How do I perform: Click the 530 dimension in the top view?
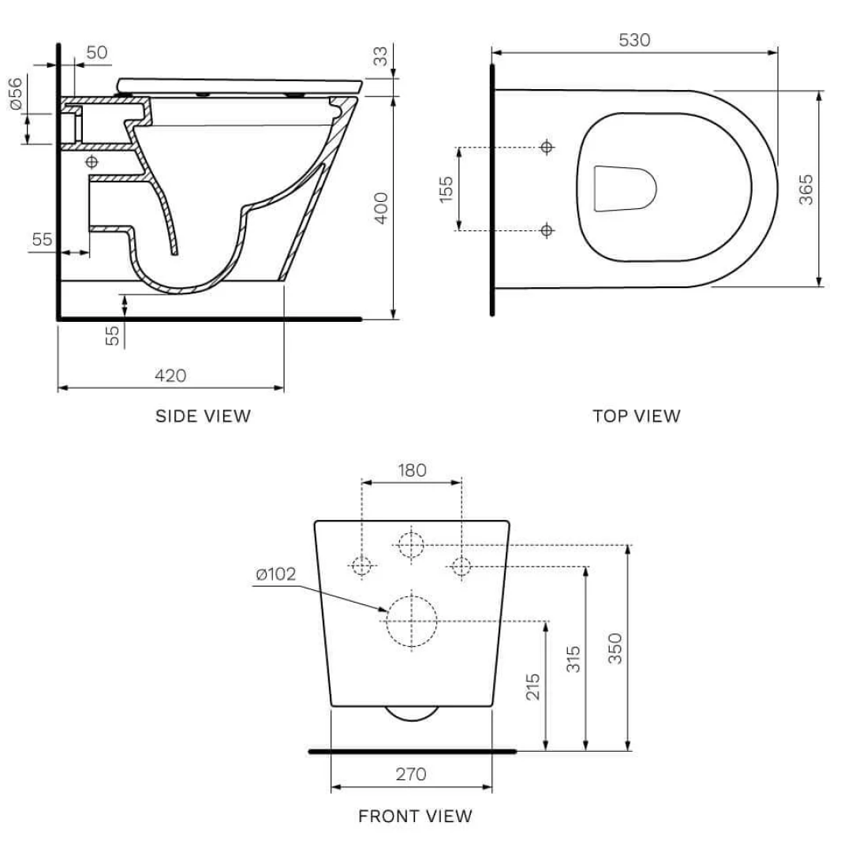click(634, 39)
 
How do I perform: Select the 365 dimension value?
click(806, 189)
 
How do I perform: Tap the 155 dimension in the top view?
click(447, 189)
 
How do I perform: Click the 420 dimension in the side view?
click(170, 376)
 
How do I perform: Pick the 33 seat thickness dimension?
click(381, 58)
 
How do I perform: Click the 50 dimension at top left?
click(96, 53)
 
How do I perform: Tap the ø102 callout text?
click(275, 574)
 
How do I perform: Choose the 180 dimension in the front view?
click(411, 470)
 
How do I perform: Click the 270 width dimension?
click(411, 774)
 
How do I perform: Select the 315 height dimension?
click(574, 660)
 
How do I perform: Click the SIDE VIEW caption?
click(203, 416)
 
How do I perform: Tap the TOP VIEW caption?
click(636, 416)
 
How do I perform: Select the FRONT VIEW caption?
click(415, 816)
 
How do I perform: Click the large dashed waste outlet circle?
click(411, 621)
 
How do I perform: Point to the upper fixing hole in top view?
click(546, 148)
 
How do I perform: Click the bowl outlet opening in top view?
click(623, 189)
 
